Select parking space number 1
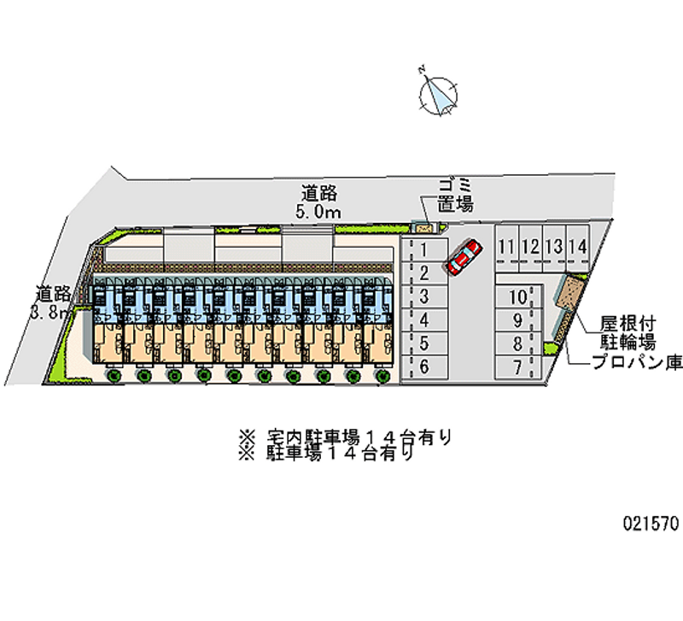point(423,250)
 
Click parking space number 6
point(423,367)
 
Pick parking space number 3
point(423,296)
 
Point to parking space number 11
point(507,247)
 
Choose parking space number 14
point(578,247)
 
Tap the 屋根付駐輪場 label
point(627,334)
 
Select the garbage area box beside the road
point(425,226)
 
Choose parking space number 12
point(530,247)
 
